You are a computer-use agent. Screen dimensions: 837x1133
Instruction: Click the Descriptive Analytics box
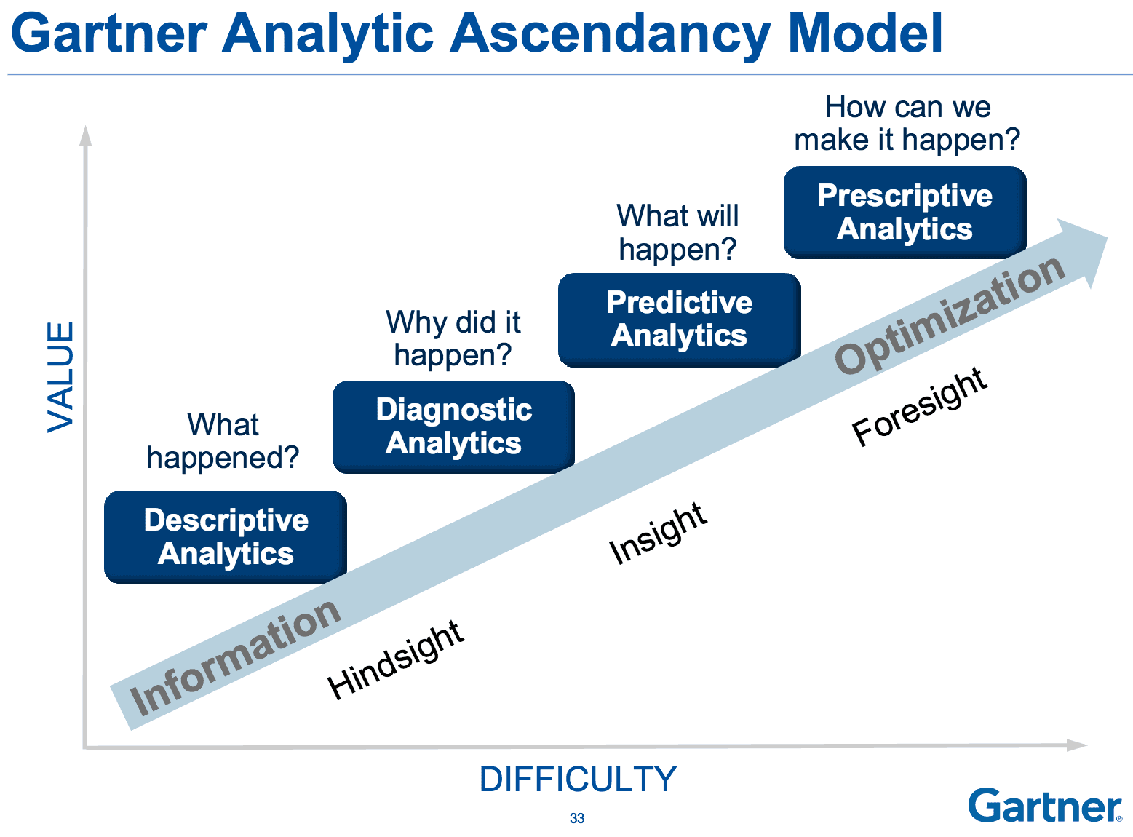(226, 537)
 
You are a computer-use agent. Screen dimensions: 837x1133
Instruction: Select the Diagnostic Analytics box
(453, 427)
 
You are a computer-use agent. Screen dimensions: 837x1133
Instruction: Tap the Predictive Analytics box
(679, 320)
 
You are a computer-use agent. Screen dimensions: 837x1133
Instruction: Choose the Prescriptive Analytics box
(905, 212)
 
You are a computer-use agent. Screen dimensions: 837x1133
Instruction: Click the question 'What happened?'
(223, 441)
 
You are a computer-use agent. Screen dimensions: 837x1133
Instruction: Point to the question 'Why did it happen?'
(453, 338)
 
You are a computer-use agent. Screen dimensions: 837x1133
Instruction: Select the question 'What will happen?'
(677, 232)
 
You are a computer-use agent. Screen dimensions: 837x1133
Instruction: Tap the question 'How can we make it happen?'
(907, 123)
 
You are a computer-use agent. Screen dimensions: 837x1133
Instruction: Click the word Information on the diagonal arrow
(235, 657)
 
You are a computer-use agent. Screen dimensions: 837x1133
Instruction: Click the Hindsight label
(396, 659)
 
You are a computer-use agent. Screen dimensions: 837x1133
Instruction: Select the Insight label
(657, 533)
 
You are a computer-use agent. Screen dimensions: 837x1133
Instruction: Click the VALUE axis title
(60, 377)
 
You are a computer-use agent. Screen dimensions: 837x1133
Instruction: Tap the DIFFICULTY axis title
(578, 780)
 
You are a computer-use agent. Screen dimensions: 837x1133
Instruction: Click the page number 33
(577, 818)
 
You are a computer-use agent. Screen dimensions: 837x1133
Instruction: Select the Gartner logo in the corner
(1044, 806)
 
